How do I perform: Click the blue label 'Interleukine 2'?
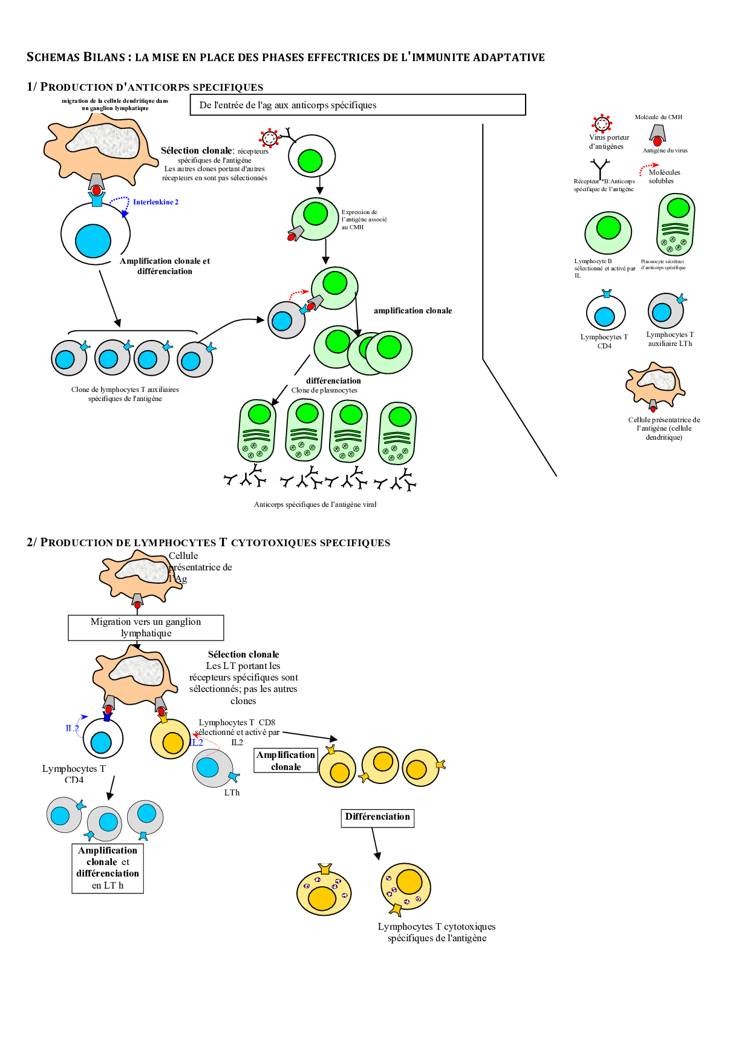coord(155,202)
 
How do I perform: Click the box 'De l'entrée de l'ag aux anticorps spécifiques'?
coord(357,105)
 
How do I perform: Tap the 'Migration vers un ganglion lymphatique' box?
coord(146,627)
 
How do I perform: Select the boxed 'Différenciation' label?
coord(377,817)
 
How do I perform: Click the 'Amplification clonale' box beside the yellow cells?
coord(286,761)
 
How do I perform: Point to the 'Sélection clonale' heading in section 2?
coord(243,655)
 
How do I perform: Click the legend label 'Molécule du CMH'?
coord(658,117)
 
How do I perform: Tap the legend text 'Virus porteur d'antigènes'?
coord(608,142)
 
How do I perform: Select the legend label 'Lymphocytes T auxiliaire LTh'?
coord(670,339)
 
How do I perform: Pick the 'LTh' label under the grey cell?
coord(232,792)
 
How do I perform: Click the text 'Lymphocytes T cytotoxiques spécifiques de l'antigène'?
coord(437,932)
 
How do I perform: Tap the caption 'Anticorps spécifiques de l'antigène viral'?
coord(315,504)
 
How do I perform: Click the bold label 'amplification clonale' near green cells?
coord(412,311)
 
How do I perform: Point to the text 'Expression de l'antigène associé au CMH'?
coord(364,220)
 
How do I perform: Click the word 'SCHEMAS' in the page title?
coord(53,57)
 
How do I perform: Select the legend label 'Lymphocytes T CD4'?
coord(604,341)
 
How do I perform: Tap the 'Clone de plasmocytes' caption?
coord(324,390)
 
